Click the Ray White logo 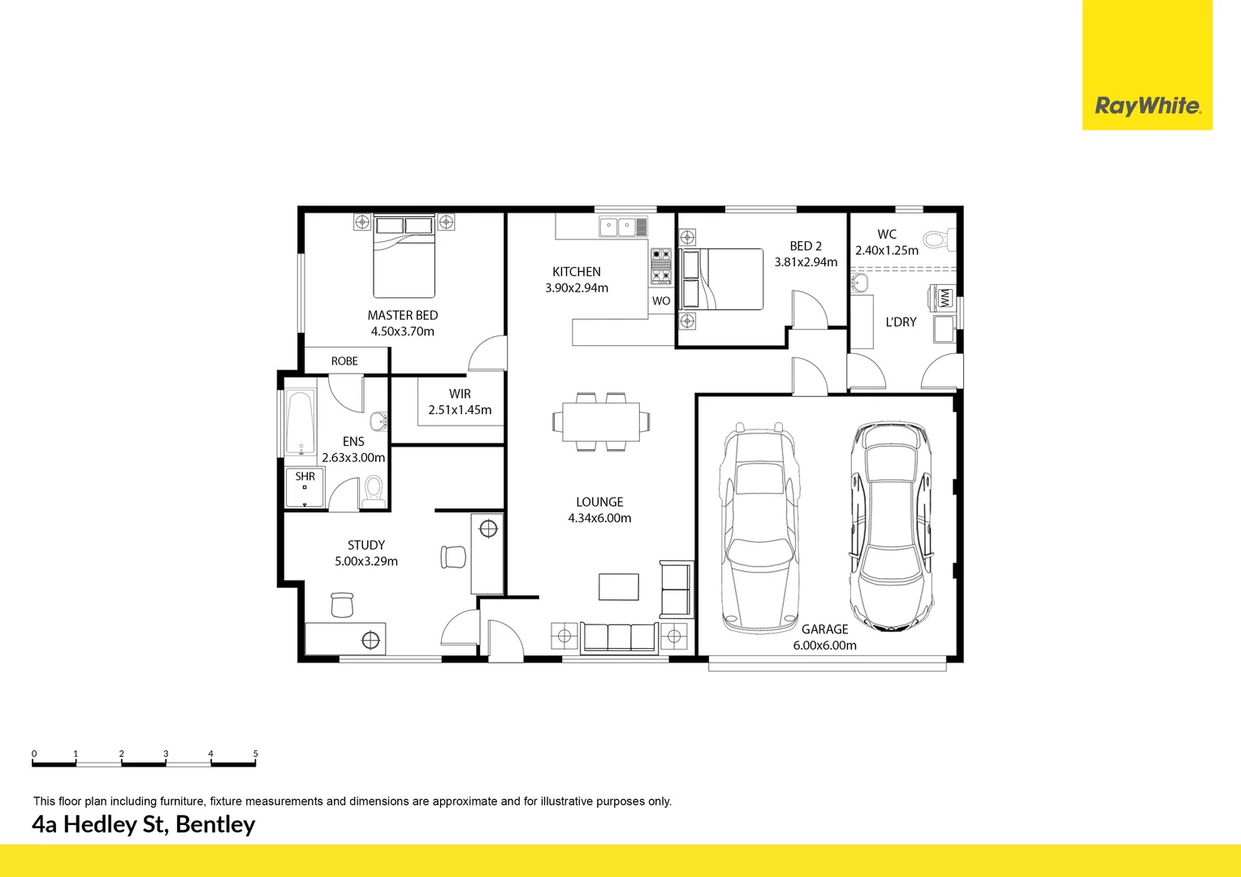tap(1147, 106)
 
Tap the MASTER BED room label tap(402, 315)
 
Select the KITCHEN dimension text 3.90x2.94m tap(577, 288)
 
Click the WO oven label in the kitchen tap(661, 300)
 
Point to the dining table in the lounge tap(601, 421)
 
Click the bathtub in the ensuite tap(300, 424)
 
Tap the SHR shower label tap(305, 477)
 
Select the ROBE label tap(344, 361)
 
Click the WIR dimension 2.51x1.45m tap(460, 410)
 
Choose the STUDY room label tap(366, 545)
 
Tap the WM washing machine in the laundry tap(944, 298)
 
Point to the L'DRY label tap(901, 322)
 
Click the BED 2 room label tap(806, 246)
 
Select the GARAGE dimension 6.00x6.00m tap(824, 646)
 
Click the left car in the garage tap(758, 528)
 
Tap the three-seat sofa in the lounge tap(620, 637)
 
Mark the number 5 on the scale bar tap(255, 754)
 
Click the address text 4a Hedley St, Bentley tap(144, 824)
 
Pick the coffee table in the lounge tap(619, 586)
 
